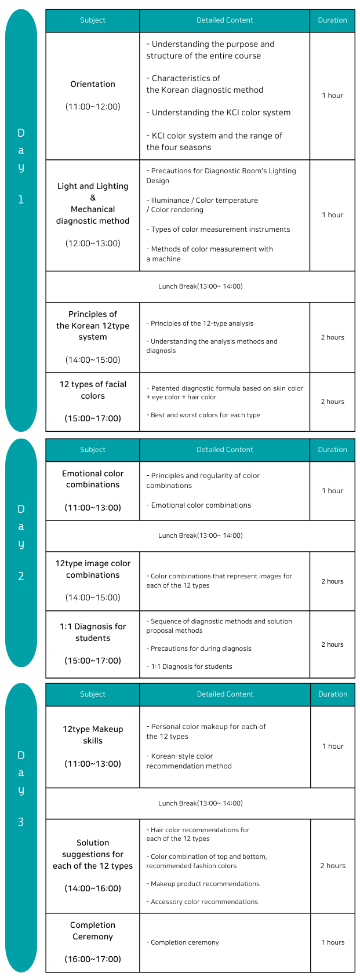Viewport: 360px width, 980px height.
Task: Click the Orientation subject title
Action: point(93,84)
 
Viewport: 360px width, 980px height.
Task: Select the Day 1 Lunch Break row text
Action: point(200,286)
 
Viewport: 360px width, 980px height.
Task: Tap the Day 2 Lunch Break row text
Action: point(200,535)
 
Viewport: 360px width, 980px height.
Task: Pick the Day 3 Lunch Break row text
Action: point(200,803)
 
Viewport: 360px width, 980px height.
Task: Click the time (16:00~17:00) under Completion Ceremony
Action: point(93,959)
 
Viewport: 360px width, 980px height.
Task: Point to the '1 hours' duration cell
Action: point(333,942)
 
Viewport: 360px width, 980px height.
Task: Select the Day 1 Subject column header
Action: point(93,20)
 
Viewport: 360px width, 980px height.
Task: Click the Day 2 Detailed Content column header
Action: point(224,450)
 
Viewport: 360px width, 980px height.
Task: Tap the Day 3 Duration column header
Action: point(333,694)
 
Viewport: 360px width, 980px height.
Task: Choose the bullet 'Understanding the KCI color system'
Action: point(219,112)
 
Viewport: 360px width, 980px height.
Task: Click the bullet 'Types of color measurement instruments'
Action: point(219,229)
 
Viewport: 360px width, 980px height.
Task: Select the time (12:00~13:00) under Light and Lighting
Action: point(93,243)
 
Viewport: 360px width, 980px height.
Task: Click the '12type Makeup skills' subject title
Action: point(93,735)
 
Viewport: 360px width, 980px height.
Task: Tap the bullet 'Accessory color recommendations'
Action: point(202,902)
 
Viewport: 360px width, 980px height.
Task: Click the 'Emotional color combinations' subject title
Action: point(93,479)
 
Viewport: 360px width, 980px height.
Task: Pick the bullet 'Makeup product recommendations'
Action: point(203,884)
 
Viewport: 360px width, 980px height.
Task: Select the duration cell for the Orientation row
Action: point(333,96)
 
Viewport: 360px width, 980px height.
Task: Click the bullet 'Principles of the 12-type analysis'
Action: point(200,323)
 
